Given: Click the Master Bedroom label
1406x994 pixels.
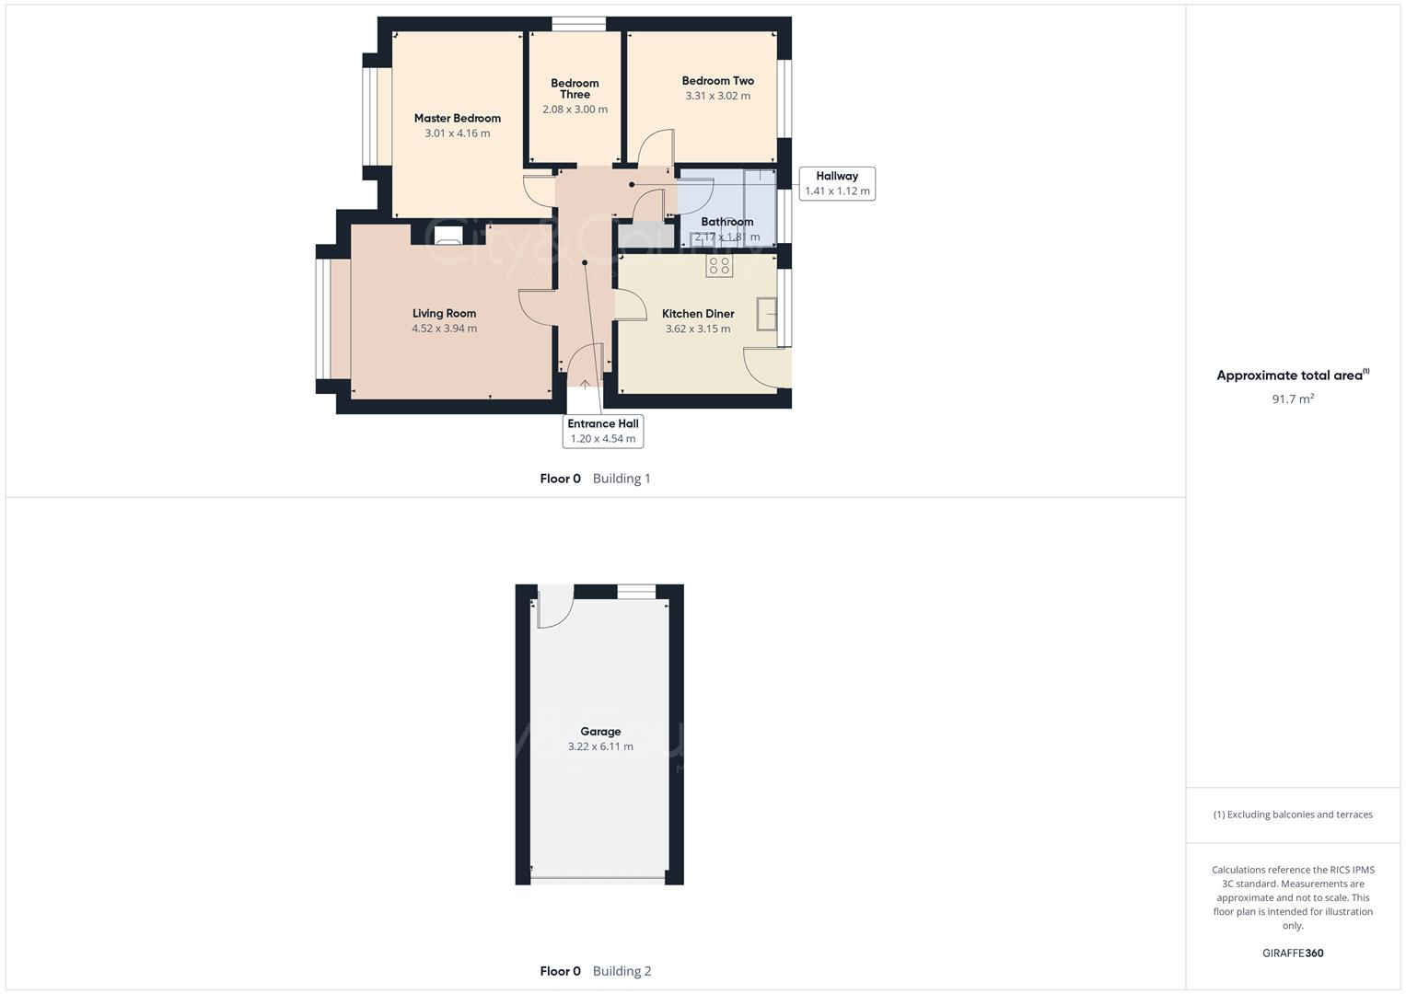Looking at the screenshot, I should (457, 118).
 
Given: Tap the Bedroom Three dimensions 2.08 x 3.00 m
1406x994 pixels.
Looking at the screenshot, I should (575, 110).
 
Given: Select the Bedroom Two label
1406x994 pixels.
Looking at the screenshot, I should (717, 81).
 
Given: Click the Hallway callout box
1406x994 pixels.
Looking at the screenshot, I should (836, 183).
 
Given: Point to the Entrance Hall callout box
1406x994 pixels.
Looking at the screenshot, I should (603, 431).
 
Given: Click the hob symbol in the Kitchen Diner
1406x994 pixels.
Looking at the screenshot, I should (719, 267).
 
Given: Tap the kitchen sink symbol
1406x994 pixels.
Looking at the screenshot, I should (766, 314).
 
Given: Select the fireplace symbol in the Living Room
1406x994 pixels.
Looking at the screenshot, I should (447, 236).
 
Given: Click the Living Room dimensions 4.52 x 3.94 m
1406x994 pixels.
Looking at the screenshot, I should (444, 329).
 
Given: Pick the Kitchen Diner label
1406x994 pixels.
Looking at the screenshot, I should (698, 314).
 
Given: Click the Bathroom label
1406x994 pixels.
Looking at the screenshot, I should (726, 222).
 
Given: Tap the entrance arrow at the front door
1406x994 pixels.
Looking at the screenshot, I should (585, 385).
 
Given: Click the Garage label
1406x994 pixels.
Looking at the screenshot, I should (600, 732).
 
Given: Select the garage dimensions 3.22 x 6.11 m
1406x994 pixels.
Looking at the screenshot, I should (600, 746).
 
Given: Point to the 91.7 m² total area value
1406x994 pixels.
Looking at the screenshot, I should (1293, 399).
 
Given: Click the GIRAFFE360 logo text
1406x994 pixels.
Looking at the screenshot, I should (1293, 953).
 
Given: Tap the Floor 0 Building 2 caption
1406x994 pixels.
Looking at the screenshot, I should (595, 971).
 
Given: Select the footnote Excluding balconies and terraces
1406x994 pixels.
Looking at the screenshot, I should (1293, 815).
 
